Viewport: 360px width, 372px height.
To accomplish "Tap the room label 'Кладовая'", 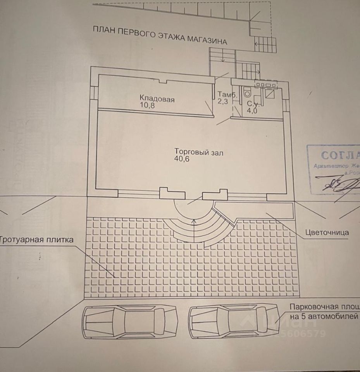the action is click(157, 99).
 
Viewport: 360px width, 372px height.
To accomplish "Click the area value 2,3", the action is click(223, 102).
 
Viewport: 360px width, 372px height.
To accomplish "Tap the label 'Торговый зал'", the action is click(198, 152).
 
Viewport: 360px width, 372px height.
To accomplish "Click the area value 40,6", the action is click(182, 159).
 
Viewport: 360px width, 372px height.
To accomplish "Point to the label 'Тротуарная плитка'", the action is click(36, 240).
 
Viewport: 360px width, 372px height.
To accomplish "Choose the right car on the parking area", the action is click(234, 321).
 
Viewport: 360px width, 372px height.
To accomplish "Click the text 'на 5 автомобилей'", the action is click(324, 316).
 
